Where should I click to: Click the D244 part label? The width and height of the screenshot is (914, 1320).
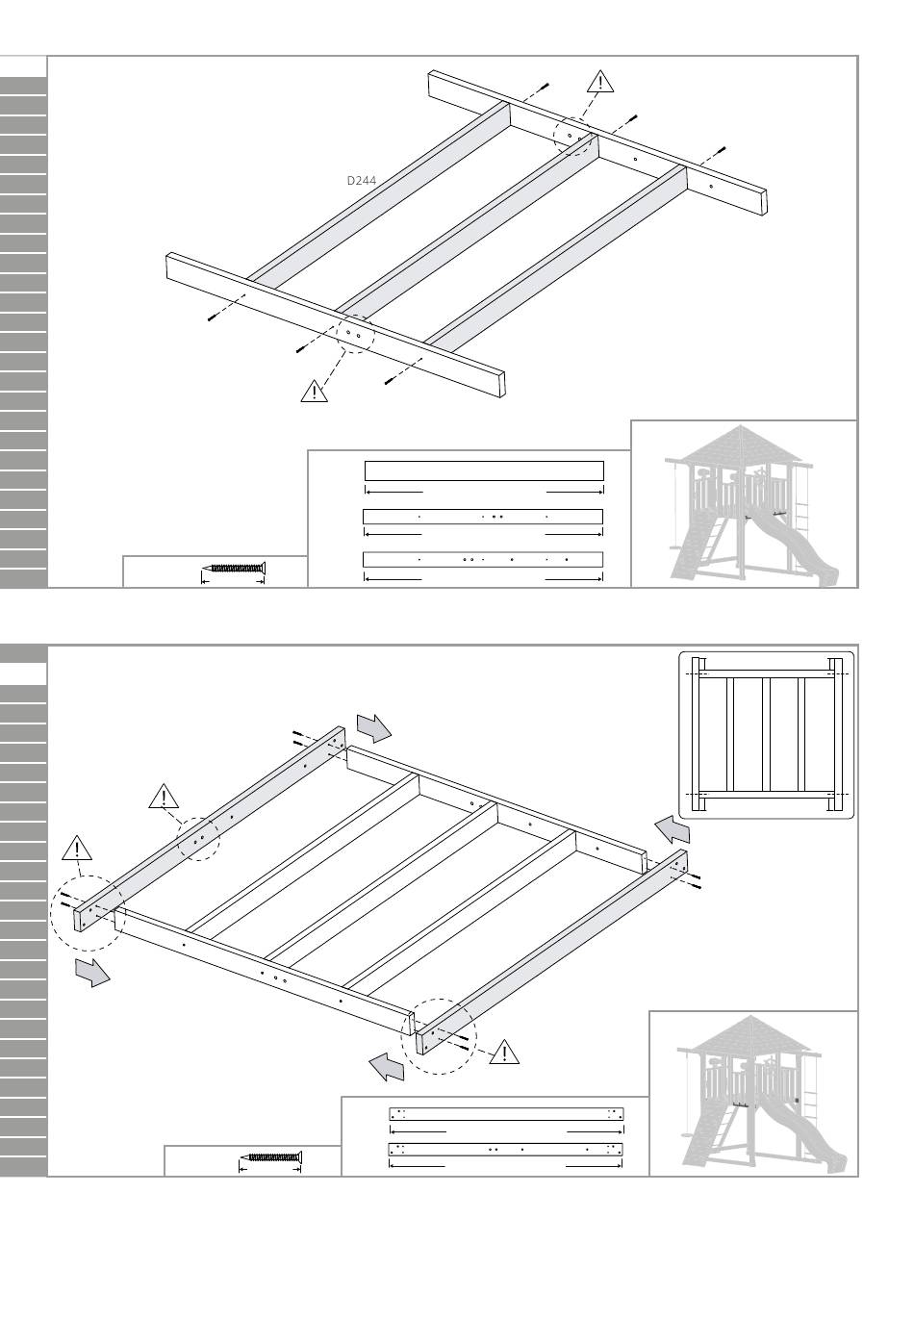361,180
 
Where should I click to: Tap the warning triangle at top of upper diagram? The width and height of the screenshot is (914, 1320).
599,83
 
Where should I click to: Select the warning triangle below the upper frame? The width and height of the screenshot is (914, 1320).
314,392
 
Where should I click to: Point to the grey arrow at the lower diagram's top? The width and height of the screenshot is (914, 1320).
373,727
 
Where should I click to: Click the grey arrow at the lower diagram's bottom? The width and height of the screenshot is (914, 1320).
387,1066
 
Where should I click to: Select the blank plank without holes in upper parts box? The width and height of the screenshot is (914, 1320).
484,470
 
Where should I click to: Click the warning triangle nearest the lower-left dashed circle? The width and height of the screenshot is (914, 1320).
77,849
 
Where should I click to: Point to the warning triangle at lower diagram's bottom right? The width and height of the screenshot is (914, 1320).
504,1053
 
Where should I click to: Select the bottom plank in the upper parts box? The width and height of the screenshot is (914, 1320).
483,559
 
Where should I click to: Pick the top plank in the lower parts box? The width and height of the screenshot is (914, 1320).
507,1114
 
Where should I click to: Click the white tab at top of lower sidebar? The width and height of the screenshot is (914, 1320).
24,673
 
